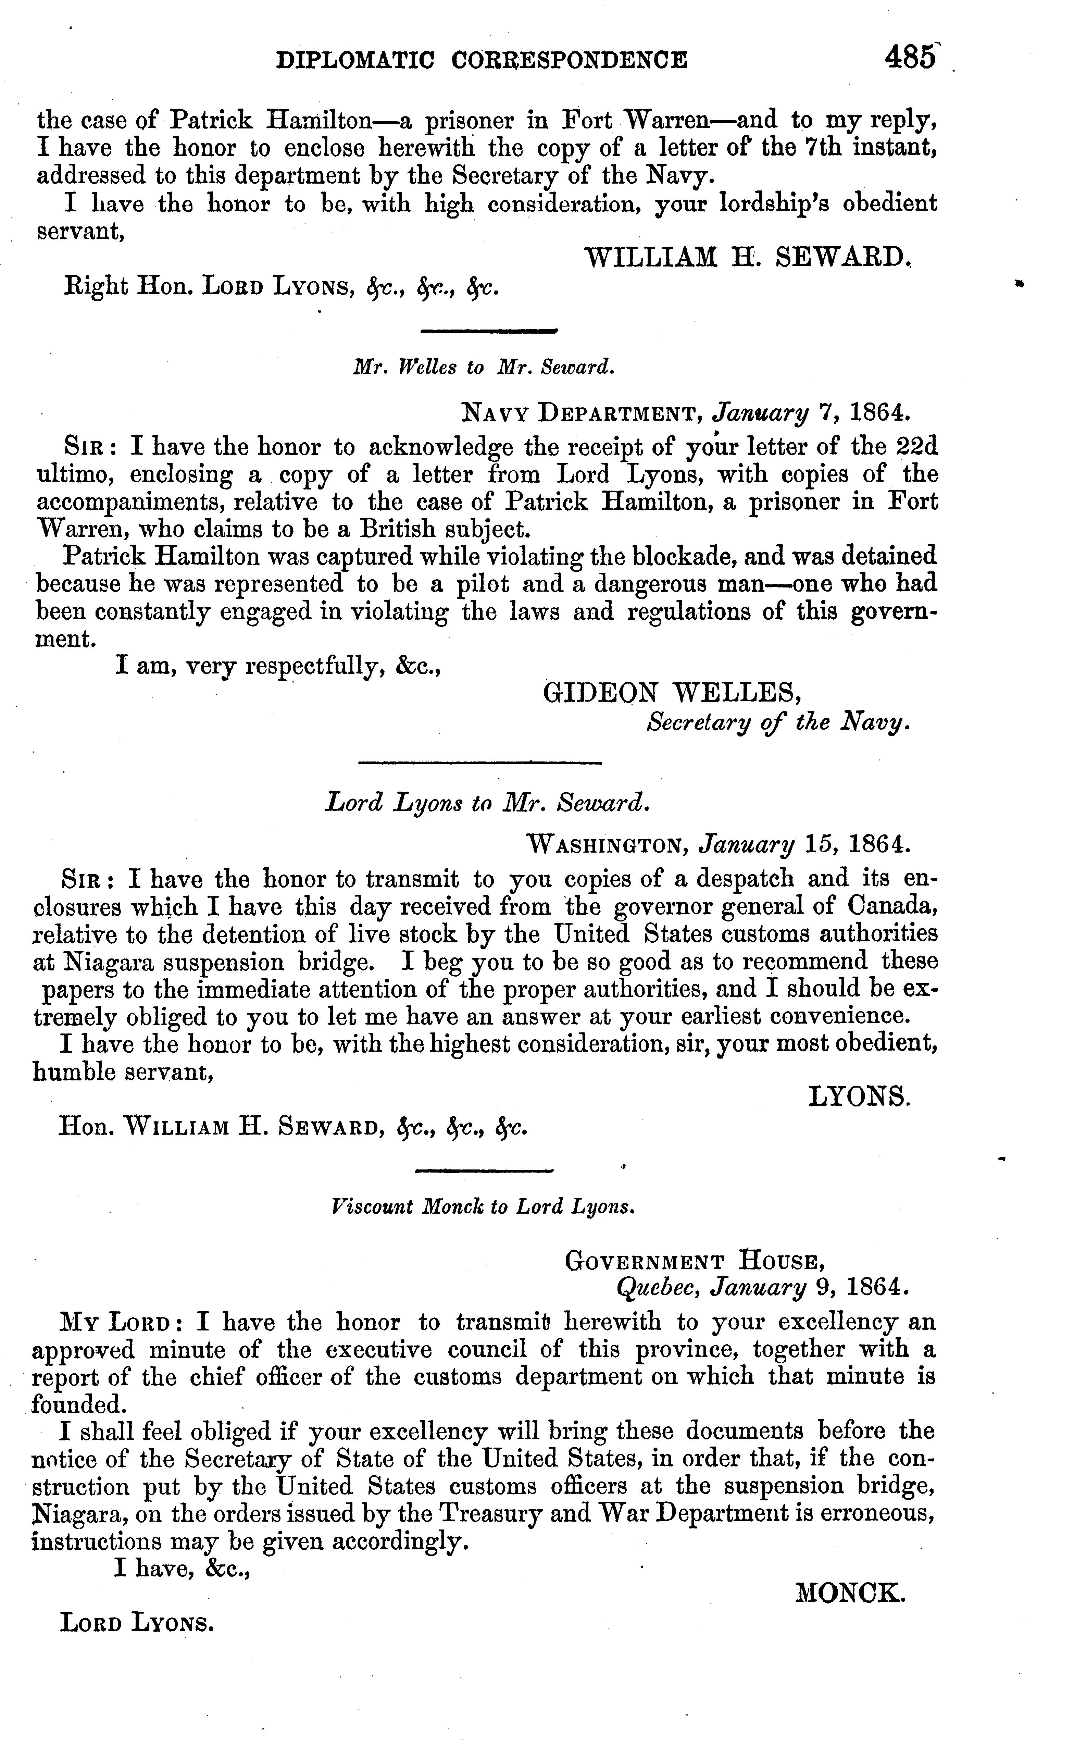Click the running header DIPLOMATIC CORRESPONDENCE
482,60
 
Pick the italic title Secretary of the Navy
778,722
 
